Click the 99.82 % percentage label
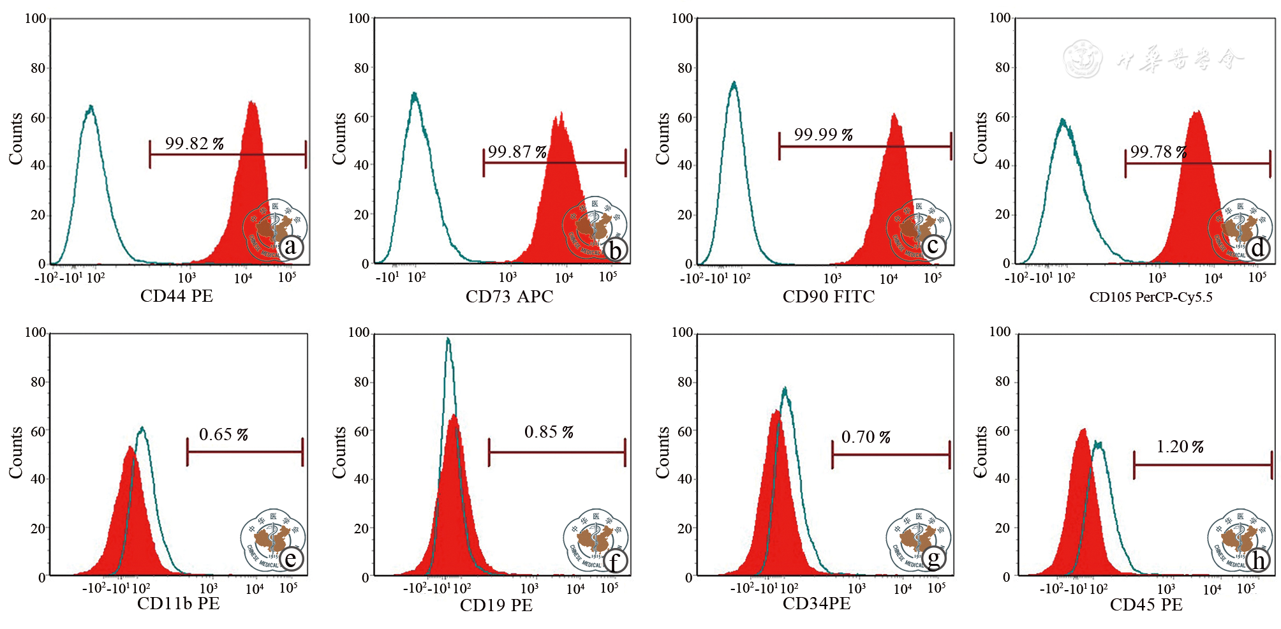click(194, 144)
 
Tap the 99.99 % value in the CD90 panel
click(823, 135)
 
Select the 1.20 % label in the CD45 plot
click(1180, 447)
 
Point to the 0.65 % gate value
click(223, 434)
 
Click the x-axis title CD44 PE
click(177, 296)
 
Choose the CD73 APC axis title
click(509, 297)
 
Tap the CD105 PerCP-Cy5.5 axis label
click(1151, 297)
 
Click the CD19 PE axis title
click(496, 605)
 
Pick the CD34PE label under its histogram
click(817, 604)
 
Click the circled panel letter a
click(290, 247)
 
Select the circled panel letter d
click(1257, 248)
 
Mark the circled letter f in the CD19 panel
click(614, 561)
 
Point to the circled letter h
click(1258, 561)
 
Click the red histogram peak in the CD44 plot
click(252, 103)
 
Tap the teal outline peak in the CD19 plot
click(448, 340)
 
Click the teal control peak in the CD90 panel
click(734, 84)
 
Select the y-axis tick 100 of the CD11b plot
click(36, 332)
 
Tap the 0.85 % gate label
click(549, 433)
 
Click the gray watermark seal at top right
click(1083, 59)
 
